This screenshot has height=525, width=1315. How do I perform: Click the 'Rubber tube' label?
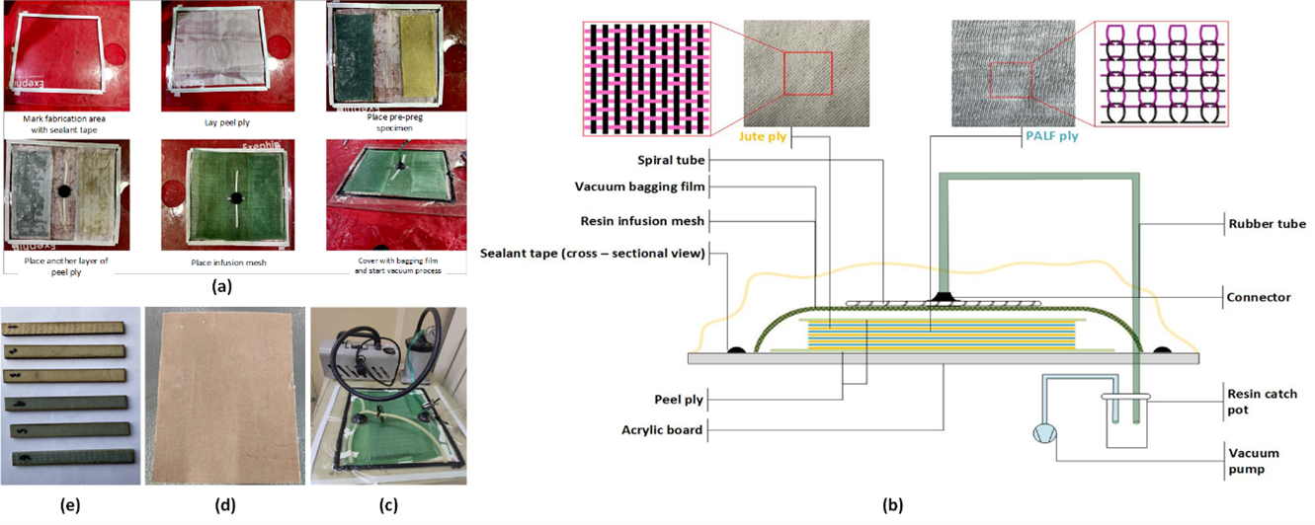[1267, 224]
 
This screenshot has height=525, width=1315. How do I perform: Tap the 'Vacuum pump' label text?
[1254, 461]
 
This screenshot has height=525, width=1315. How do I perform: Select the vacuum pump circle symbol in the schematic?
[1043, 434]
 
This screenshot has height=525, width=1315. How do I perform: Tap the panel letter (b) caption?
[895, 505]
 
